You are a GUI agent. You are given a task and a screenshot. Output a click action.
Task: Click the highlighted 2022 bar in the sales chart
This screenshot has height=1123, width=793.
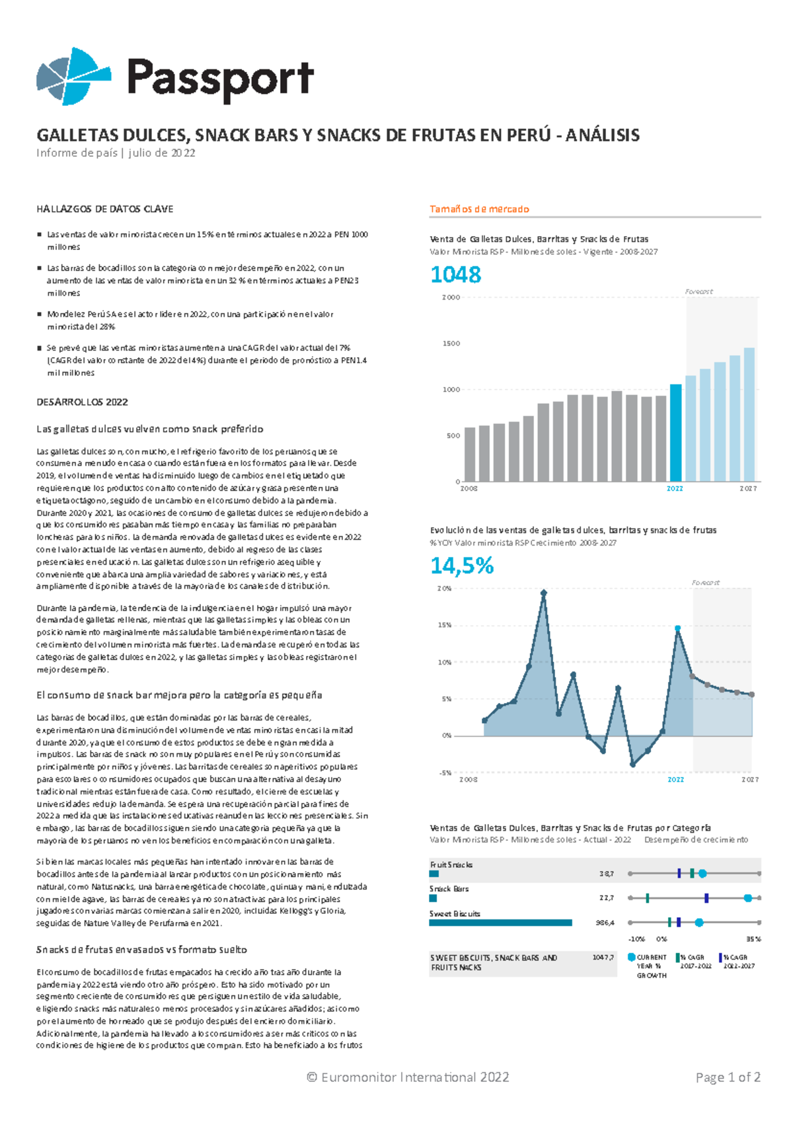pyautogui.click(x=675, y=433)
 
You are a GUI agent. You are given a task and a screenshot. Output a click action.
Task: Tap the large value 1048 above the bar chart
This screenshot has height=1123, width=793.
pyautogui.click(x=456, y=274)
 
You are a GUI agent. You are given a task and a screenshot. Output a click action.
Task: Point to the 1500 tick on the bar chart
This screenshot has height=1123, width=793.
pyautogui.click(x=451, y=344)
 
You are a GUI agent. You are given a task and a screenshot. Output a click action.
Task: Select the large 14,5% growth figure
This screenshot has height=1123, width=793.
pyautogui.click(x=462, y=565)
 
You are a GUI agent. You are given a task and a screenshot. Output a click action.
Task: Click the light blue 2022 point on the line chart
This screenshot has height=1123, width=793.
pyautogui.click(x=677, y=628)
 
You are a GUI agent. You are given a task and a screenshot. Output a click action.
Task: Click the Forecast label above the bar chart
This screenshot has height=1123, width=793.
pyautogui.click(x=699, y=292)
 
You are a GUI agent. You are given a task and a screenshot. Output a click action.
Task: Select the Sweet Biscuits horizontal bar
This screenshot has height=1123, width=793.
pyautogui.click(x=500, y=923)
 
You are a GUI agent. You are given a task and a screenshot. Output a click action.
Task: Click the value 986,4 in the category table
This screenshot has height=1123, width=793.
pyautogui.click(x=605, y=923)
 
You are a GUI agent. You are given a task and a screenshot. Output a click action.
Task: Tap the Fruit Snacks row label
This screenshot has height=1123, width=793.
pyautogui.click(x=451, y=864)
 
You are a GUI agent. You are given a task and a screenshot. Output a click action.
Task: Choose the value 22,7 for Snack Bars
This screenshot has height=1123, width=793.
pyautogui.click(x=606, y=898)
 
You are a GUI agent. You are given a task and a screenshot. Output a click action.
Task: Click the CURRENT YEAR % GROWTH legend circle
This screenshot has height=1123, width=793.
pyautogui.click(x=631, y=957)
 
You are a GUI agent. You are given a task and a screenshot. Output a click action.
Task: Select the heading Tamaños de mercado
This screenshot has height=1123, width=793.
pyautogui.click(x=479, y=209)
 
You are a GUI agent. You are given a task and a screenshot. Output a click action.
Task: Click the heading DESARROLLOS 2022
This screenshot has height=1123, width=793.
pyautogui.click(x=82, y=402)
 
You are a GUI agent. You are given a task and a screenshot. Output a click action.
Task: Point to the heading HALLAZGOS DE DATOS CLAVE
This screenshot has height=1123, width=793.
pyautogui.click(x=104, y=209)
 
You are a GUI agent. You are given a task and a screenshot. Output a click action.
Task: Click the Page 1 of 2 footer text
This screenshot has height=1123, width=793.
pyautogui.click(x=728, y=1077)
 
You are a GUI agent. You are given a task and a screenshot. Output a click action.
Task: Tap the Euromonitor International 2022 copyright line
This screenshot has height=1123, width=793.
pyautogui.click(x=408, y=1077)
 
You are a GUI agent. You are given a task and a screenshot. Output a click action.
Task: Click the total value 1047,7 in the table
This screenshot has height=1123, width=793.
pyautogui.click(x=603, y=957)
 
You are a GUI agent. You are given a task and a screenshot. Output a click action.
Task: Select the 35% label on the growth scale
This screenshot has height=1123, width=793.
pyautogui.click(x=753, y=939)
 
